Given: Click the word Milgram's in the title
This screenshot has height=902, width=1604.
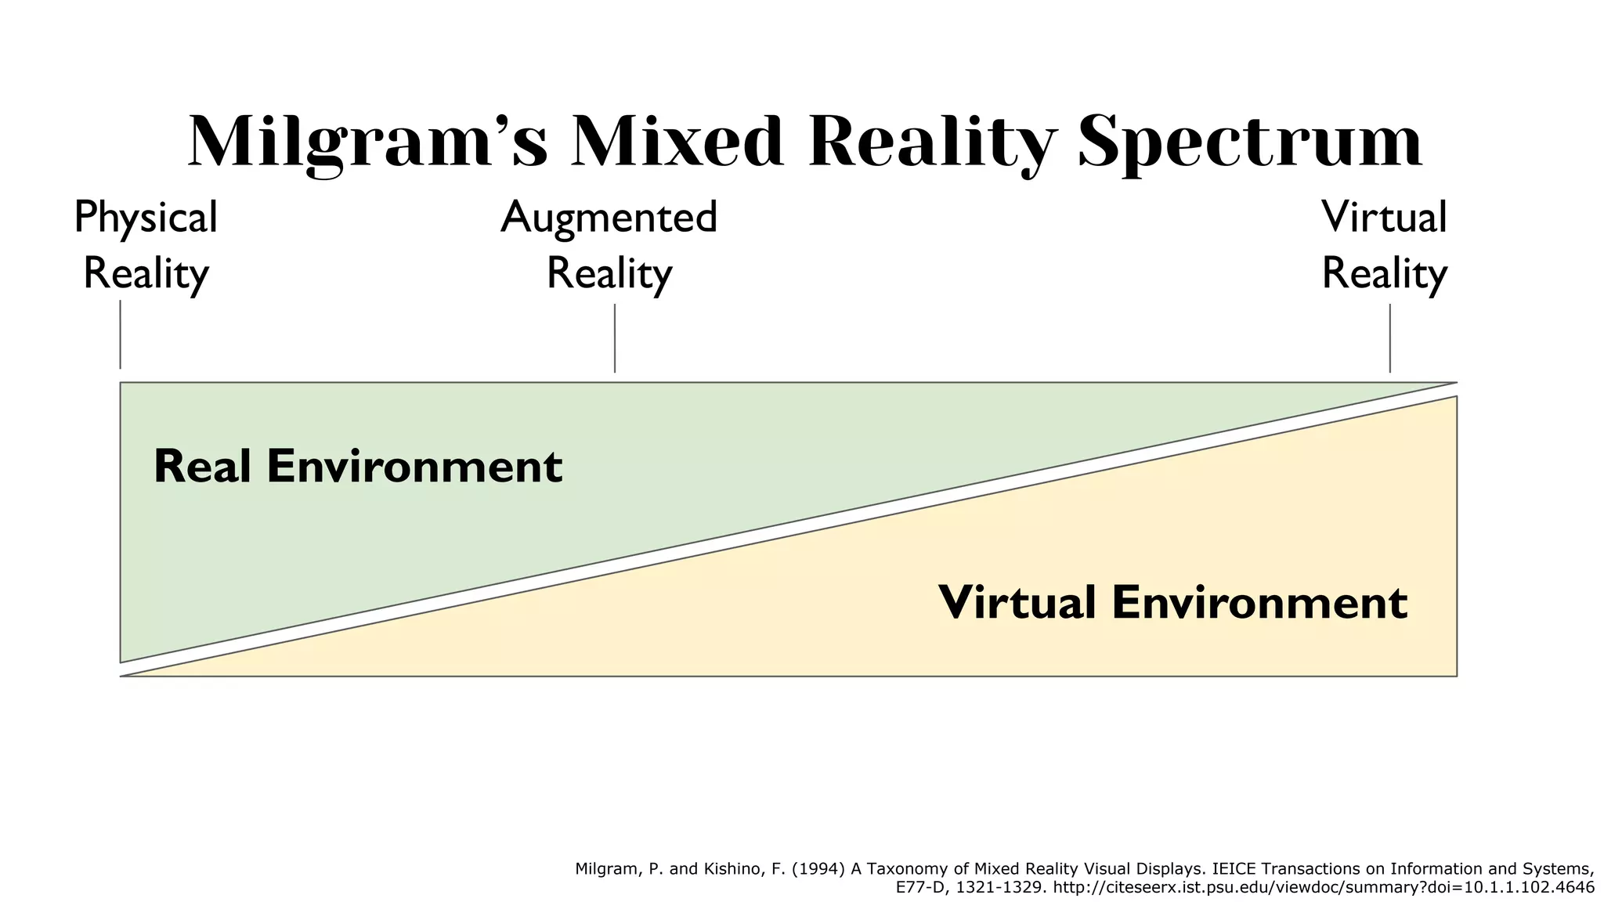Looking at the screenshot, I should (367, 143).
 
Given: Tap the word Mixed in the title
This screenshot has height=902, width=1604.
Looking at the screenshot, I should (678, 143).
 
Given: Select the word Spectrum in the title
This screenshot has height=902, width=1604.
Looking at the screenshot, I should (1250, 143).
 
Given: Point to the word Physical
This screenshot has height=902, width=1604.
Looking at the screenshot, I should (146, 218).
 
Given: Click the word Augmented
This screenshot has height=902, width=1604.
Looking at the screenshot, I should (609, 218).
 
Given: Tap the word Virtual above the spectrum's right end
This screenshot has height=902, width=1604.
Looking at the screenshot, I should (1384, 218).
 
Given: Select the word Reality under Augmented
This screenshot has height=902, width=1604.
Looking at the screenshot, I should (609, 274).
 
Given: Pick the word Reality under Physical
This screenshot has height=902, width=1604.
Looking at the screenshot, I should (146, 274).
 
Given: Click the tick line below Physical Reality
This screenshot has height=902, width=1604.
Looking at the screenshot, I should (120, 334).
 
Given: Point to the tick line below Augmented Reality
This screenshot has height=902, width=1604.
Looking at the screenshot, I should (615, 338).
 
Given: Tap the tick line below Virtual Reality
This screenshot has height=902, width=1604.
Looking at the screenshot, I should (1390, 338).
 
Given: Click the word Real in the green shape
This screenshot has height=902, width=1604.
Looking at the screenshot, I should (202, 467).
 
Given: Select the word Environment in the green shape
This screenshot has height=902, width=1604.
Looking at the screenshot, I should (414, 467).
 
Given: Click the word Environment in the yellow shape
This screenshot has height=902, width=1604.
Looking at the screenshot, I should (1259, 603).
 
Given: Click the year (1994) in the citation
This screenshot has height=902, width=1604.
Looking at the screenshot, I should (818, 868).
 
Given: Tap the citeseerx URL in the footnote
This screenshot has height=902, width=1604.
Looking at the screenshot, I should (1324, 887).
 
